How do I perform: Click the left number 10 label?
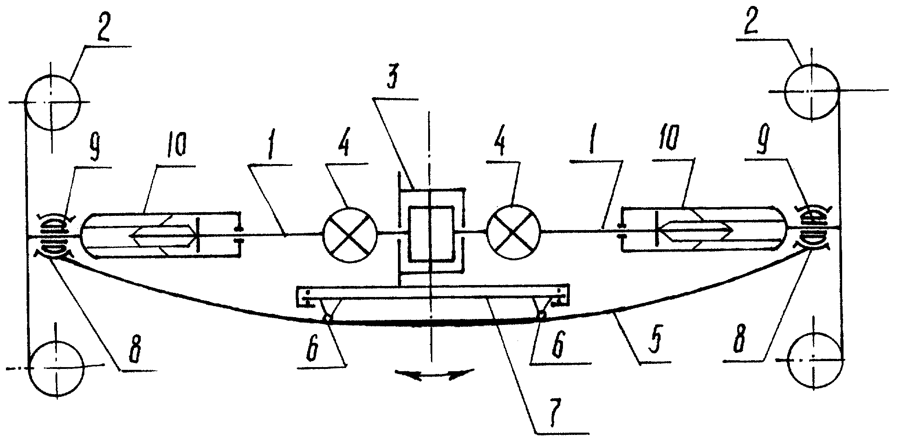click(x=177, y=147)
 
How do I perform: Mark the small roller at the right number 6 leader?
click(x=542, y=315)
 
